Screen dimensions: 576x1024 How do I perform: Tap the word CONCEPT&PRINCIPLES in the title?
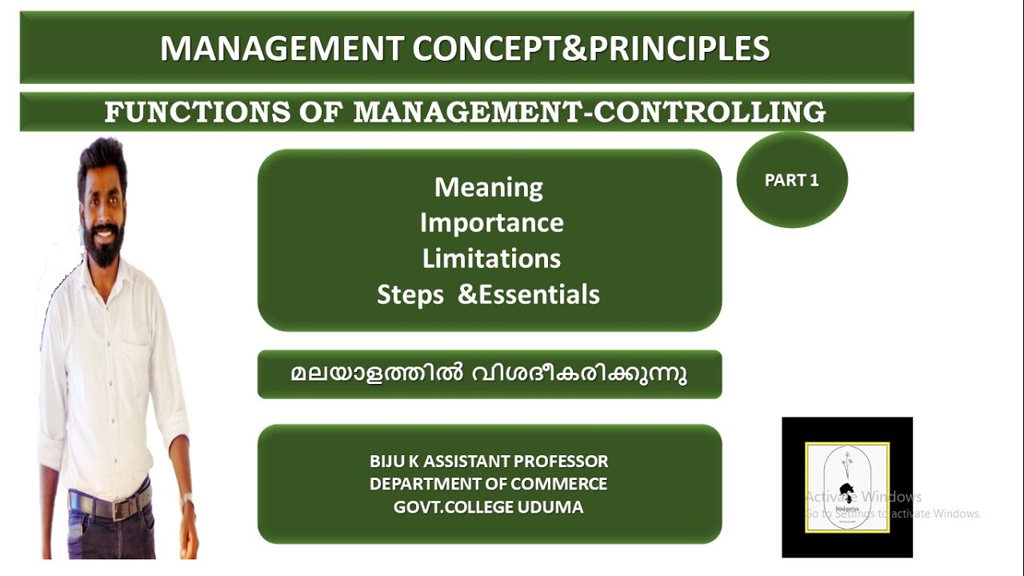point(591,50)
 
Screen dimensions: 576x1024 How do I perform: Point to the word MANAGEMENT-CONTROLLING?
point(589,113)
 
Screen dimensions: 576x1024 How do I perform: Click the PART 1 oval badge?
point(791,180)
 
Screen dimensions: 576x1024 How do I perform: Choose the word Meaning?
point(489,187)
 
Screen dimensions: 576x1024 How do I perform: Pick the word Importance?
point(491,223)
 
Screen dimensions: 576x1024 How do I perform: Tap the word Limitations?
point(491,259)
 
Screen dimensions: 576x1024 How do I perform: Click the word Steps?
point(410,295)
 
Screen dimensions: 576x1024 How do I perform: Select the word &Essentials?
point(529,295)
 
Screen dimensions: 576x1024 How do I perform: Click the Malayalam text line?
point(489,374)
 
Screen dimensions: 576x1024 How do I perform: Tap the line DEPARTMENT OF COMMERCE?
point(489,484)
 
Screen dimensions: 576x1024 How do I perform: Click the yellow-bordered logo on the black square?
point(846,487)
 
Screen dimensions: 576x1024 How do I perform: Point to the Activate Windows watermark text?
point(864,497)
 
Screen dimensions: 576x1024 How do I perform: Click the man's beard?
point(103,248)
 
